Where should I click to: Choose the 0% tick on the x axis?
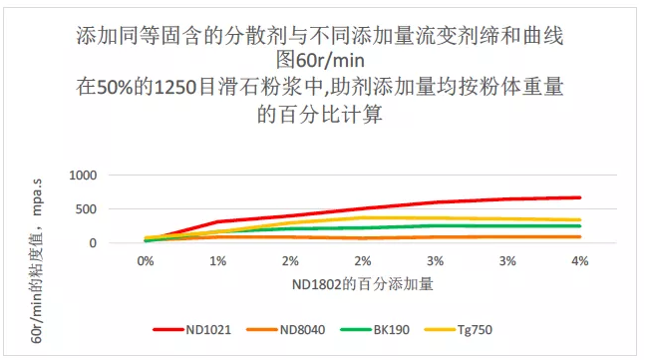[x=146, y=260]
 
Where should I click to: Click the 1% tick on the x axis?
[x=217, y=260]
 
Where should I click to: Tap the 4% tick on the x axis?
[x=579, y=260]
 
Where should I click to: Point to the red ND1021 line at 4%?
[x=579, y=197]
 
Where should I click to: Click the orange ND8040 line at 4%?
[x=579, y=236]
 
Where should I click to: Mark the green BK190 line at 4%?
[x=579, y=226]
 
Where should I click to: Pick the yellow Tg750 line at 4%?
[x=579, y=220]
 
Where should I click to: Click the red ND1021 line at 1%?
[x=217, y=221]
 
